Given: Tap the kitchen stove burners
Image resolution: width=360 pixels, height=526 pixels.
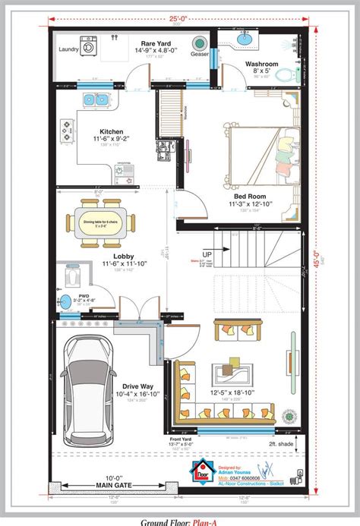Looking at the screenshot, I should pos(67,131).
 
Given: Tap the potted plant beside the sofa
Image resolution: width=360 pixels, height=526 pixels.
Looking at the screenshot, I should pos(289,416).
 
